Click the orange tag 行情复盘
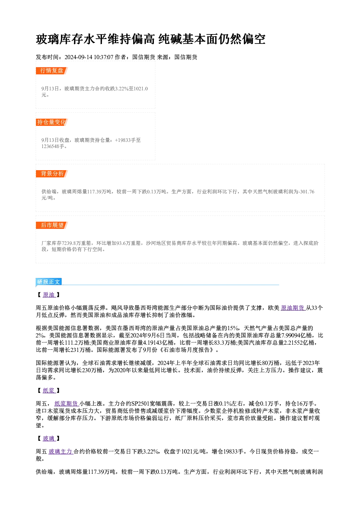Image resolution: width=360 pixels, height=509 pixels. (x=52, y=71)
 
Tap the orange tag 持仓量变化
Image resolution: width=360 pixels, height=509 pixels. (x=52, y=122)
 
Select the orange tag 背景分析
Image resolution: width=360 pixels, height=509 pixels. (x=52, y=174)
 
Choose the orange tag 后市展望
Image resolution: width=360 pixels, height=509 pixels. (x=52, y=225)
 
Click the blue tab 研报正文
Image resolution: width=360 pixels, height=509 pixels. (x=49, y=282)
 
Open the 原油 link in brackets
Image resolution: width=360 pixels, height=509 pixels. (x=49, y=295)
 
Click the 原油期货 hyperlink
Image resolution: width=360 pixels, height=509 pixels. (x=293, y=308)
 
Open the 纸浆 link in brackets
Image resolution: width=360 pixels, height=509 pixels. (x=49, y=391)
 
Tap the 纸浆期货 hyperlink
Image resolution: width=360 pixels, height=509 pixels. (x=66, y=403)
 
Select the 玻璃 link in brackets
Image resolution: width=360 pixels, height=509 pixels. (x=49, y=439)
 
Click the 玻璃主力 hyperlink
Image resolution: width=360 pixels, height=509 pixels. (x=61, y=452)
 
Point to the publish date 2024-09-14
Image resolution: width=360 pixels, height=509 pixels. (x=78, y=57)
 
